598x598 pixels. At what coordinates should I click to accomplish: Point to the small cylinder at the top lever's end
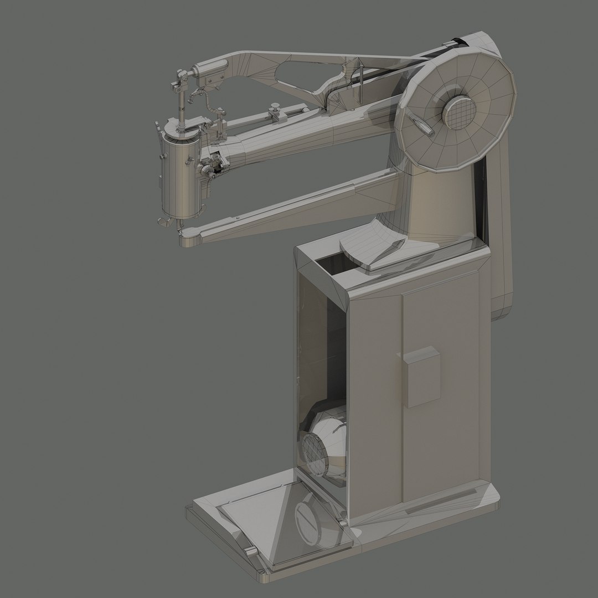tap(210, 69)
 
